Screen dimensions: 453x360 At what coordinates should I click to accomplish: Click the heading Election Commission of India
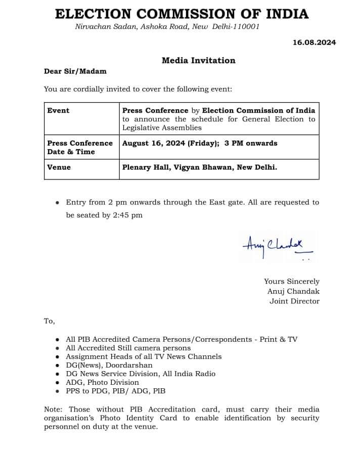pyautogui.click(x=182, y=14)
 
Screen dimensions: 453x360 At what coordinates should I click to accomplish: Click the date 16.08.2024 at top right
pyautogui.click(x=314, y=42)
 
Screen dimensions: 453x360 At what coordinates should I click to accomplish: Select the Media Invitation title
pyautogui.click(x=198, y=60)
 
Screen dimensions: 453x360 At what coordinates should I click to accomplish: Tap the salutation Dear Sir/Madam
pyautogui.click(x=75, y=71)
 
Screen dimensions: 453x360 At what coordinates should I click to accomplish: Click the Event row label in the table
pyautogui.click(x=58, y=110)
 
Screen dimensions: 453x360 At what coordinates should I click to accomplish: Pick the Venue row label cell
pyautogui.click(x=59, y=167)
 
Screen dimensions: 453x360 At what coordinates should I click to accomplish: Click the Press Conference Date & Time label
pyautogui.click(x=79, y=147)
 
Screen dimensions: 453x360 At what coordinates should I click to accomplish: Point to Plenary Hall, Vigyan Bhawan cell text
pyautogui.click(x=199, y=167)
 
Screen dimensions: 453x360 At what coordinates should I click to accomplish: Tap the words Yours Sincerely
pyautogui.click(x=291, y=281)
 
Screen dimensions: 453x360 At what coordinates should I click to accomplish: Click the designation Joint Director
pyautogui.click(x=294, y=301)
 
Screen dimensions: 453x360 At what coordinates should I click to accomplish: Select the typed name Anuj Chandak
pyautogui.click(x=293, y=291)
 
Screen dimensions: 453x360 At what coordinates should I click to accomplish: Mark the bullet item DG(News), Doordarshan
pyautogui.click(x=109, y=365)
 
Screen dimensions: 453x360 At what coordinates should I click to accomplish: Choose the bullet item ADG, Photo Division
pyautogui.click(x=102, y=382)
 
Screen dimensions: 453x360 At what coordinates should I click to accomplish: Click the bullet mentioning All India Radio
pyautogui.click(x=141, y=374)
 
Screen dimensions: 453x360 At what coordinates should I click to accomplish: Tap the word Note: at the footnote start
pyautogui.click(x=54, y=409)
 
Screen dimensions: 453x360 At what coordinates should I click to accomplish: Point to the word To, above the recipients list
pyautogui.click(x=49, y=321)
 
